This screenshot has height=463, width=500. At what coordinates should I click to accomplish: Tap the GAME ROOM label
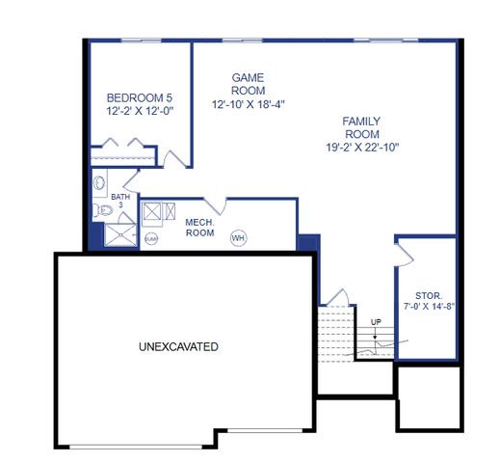[x=248, y=83]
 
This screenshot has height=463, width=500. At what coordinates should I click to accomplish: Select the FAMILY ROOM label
[x=361, y=127]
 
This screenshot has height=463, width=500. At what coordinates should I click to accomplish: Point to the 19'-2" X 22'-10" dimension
[x=361, y=148]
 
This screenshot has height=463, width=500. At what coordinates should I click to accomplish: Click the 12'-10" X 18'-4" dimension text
[x=248, y=103]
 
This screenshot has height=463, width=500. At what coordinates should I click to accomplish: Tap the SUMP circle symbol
[x=151, y=237]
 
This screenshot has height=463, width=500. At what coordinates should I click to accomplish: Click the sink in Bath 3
[x=99, y=182]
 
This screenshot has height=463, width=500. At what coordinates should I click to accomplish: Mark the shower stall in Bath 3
[x=121, y=232]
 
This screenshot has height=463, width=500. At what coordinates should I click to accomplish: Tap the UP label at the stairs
[x=375, y=321]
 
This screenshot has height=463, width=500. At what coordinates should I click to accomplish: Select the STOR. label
[x=429, y=295]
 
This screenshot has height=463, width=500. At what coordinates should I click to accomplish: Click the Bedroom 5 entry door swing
[x=173, y=158]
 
